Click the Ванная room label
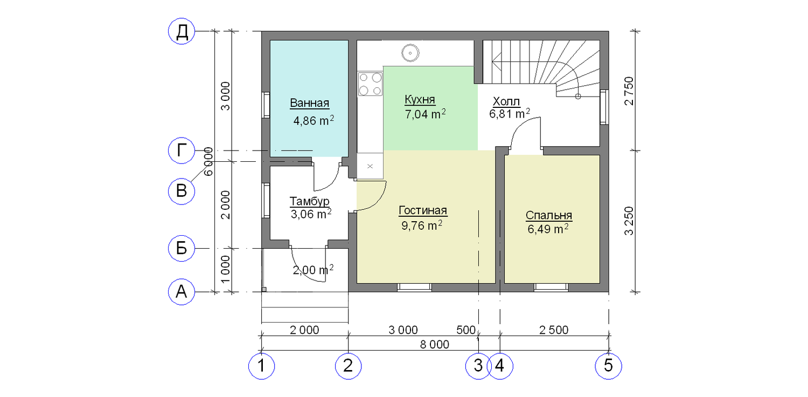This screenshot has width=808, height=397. point(310,104)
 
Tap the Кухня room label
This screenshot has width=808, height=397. point(420,99)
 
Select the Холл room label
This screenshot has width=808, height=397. point(506,101)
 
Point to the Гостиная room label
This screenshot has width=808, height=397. point(423,210)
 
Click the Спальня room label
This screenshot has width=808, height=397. point(549,215)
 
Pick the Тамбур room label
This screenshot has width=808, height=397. point(310,201)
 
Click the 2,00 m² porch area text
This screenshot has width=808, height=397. point(313,270)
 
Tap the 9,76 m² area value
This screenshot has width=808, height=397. point(422,226)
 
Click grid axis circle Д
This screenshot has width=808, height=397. point(182,31)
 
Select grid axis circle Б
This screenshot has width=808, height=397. point(182,249)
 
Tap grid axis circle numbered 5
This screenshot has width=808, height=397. point(608,366)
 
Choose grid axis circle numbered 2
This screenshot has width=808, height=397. point(348,366)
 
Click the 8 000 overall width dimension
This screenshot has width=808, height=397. point(435,345)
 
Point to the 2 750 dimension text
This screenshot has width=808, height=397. point(629,91)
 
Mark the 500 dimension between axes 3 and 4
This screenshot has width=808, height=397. point(466,330)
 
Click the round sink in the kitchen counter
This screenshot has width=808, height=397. point(410,53)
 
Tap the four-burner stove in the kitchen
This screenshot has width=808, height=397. point(370,84)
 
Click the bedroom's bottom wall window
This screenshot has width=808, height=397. point(551,287)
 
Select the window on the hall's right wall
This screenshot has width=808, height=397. point(604,107)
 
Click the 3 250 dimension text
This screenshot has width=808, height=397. point(629,221)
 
